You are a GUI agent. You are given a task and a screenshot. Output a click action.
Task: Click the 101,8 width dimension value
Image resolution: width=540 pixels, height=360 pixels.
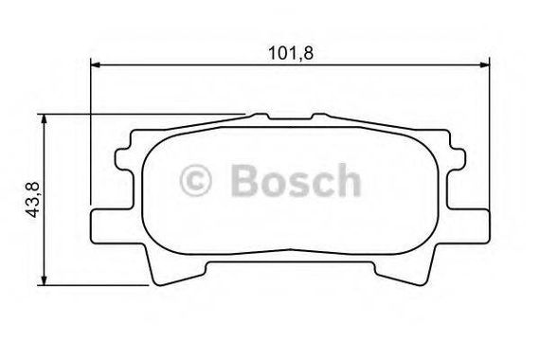(291, 53)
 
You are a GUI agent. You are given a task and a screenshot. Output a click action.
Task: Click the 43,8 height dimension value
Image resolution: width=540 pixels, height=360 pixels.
(33, 200)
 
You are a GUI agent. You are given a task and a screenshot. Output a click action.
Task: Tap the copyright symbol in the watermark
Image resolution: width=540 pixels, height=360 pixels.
(195, 180)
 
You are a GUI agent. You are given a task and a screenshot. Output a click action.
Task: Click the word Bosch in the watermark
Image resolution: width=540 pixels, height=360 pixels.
(296, 180)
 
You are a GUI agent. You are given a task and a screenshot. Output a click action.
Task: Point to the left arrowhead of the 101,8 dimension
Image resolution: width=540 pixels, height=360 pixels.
(95, 64)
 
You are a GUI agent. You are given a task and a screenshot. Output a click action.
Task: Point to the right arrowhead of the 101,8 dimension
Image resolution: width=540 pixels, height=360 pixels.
(484, 64)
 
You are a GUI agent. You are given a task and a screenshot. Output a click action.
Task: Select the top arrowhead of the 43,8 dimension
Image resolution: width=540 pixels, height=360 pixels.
(44, 119)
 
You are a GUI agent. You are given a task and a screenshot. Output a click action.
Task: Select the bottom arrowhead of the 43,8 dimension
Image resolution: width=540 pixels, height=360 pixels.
(44, 280)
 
